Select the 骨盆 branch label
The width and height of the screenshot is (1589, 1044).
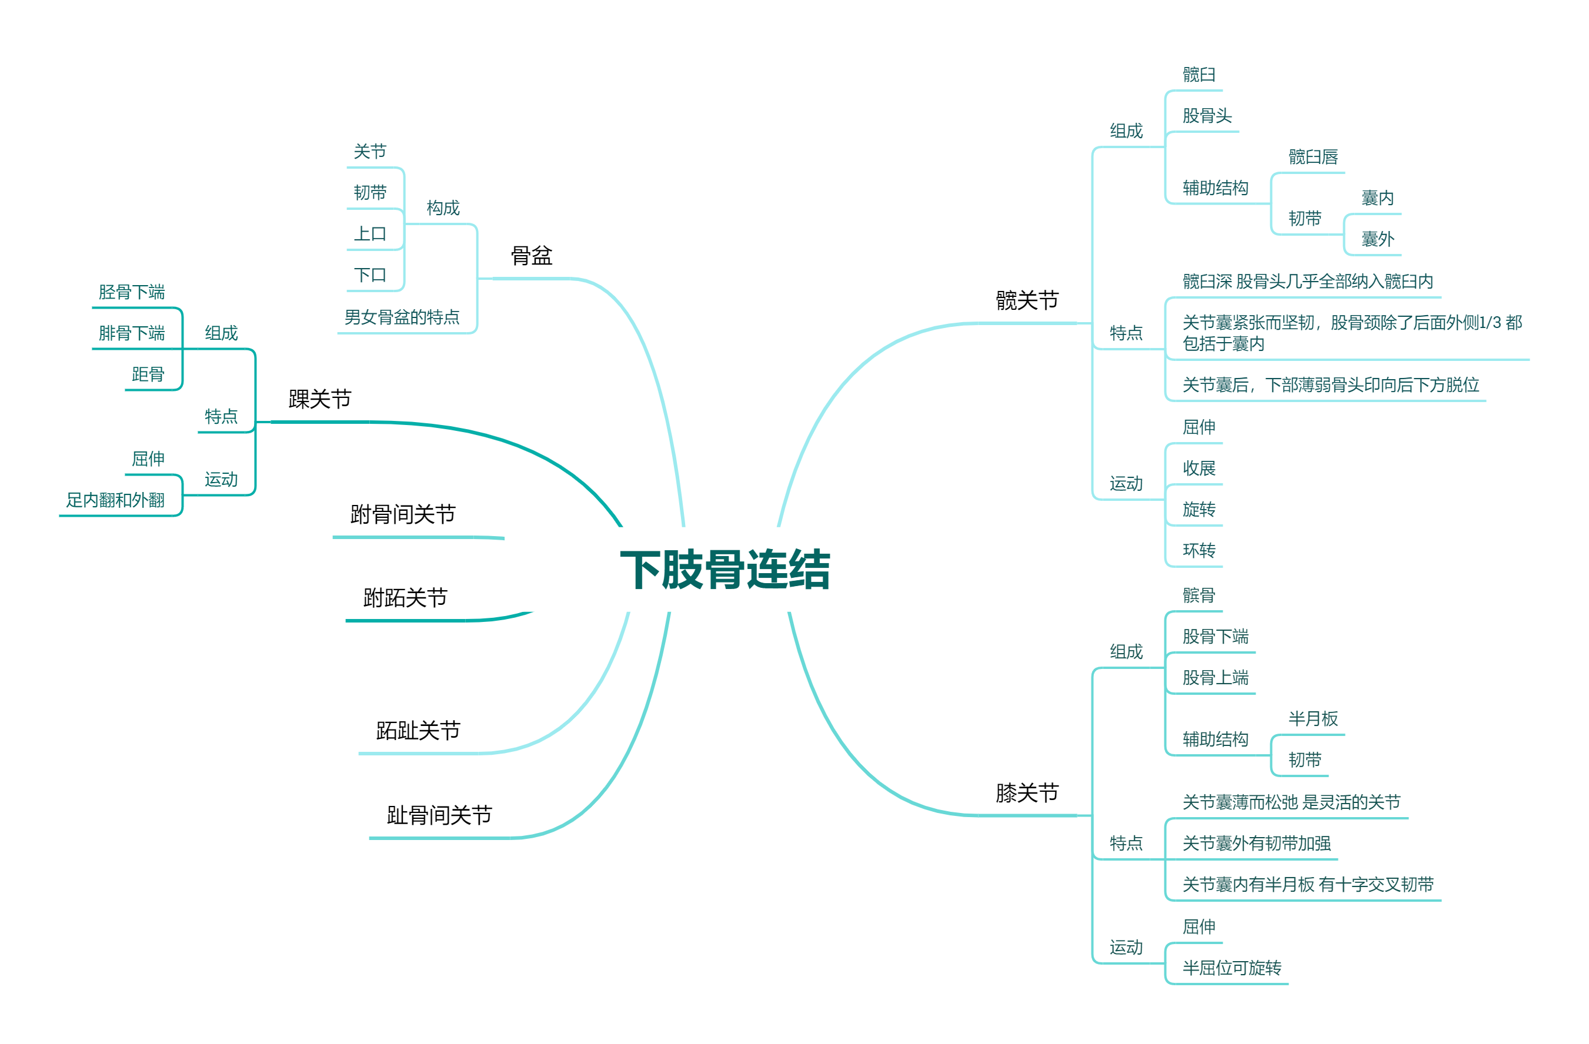(532, 255)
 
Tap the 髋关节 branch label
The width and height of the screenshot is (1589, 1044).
(1027, 300)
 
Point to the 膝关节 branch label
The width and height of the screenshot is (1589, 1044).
(1027, 792)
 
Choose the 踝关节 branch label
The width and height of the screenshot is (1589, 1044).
(319, 399)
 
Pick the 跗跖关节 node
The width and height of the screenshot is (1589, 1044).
(405, 597)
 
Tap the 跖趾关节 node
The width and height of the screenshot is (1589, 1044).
(418, 730)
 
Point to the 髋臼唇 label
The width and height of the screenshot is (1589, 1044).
(1313, 157)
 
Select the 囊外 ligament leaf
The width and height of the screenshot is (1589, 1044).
(1377, 239)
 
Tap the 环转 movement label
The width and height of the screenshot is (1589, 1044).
(1199, 550)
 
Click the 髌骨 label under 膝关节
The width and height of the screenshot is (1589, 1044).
(1199, 595)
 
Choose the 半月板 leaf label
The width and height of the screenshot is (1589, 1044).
(1313, 718)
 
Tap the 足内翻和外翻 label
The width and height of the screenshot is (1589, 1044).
(115, 500)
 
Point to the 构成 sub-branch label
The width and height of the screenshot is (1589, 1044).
(443, 208)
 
